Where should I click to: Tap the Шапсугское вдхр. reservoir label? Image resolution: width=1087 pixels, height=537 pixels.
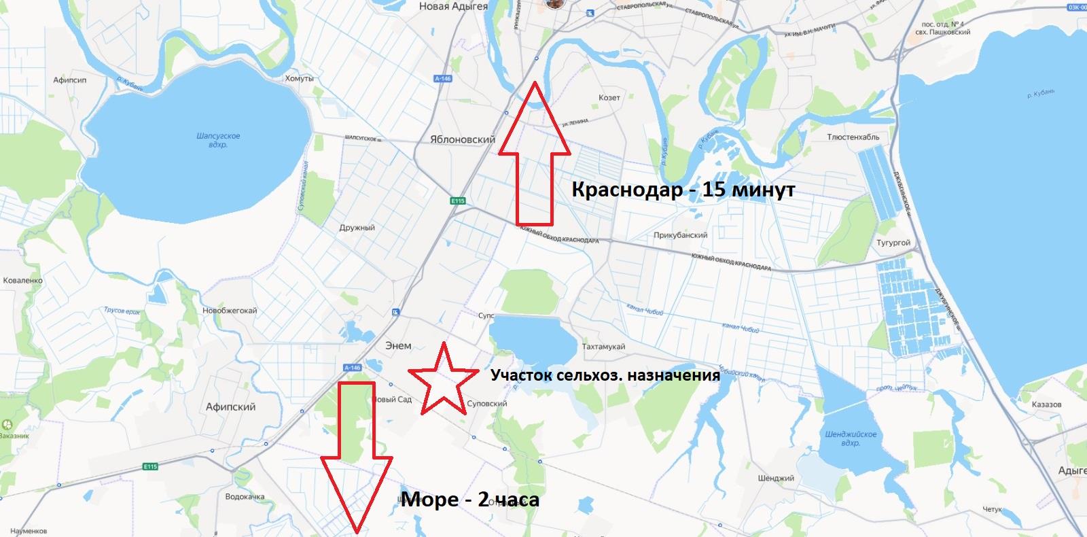coord(218,140)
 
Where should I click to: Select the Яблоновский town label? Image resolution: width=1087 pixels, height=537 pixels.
coord(463,139)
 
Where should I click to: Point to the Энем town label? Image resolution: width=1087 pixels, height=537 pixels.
coord(399,345)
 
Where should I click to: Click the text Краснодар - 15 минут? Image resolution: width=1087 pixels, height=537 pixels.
coord(683,190)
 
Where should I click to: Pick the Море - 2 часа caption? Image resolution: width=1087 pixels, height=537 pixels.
coord(470,500)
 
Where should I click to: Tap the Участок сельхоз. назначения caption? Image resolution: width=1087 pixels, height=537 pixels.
coord(605,375)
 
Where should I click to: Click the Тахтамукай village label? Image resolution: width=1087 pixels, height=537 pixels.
coord(603,347)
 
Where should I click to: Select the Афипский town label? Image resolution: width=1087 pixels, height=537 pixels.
coord(230,406)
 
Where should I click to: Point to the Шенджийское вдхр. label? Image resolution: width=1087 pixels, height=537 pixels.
coord(851,438)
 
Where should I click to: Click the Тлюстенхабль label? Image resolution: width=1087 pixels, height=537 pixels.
coord(853,137)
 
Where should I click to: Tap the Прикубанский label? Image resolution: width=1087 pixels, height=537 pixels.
coord(680,235)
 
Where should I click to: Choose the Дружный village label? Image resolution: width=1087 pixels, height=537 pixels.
coord(357,228)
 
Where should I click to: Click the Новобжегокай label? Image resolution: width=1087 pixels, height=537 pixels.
coord(230,311)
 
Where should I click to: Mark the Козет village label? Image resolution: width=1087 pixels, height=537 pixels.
coord(609,97)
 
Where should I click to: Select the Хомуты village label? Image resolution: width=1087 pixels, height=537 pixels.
coord(300,79)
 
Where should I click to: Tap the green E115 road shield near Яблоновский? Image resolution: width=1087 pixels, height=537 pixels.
coord(457,201)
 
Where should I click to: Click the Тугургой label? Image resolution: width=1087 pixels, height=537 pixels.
coord(893,243)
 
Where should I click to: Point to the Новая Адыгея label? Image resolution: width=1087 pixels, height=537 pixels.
coord(453,6)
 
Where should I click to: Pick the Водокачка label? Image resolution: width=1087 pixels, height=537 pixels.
coord(245,497)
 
